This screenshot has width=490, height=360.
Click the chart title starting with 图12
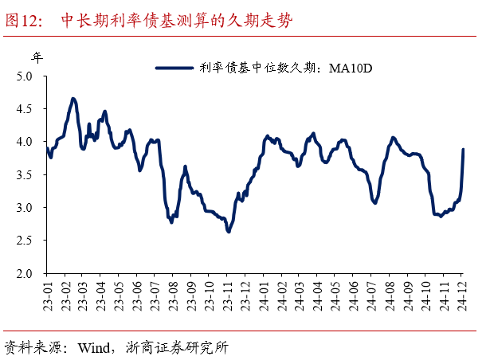[147, 20]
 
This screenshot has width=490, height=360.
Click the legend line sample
[174, 69]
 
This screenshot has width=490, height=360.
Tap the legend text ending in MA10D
[287, 69]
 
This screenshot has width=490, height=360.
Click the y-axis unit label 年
[37, 57]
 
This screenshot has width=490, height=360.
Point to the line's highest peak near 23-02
[73, 99]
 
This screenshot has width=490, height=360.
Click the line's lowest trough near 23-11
[229, 231]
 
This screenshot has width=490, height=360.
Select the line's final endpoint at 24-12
[464, 150]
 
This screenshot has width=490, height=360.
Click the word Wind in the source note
[96, 347]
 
